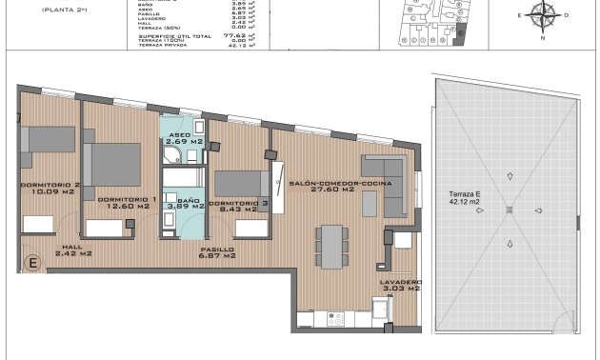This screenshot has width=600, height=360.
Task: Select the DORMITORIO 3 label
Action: click(230, 204)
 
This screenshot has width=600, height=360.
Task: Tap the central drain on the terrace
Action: click(510, 210)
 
